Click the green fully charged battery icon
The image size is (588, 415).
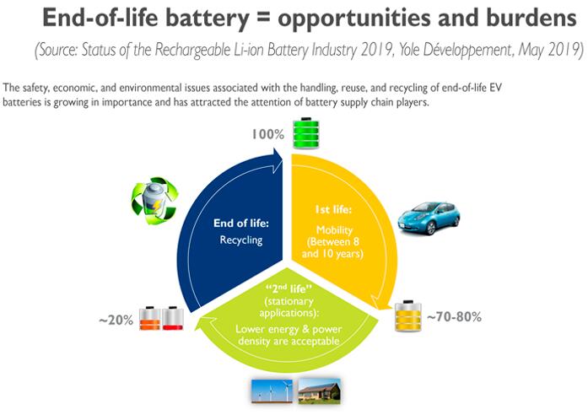click(306, 133)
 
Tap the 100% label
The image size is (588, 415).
click(267, 134)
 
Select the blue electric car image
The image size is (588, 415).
click(429, 218)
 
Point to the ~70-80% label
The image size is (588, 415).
click(454, 317)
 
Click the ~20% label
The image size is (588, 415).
click(116, 321)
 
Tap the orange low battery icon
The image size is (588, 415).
click(149, 318)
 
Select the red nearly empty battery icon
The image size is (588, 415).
click(173, 318)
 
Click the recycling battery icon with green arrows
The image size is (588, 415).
click(154, 201)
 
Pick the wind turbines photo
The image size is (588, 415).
click(272, 391)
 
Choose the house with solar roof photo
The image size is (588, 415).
click(319, 391)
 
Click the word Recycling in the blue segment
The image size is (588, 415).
click(241, 240)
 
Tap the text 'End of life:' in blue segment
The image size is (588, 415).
click(241, 223)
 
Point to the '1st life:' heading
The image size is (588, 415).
click(333, 209)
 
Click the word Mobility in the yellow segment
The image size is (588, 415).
click(334, 229)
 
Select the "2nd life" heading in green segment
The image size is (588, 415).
click(289, 288)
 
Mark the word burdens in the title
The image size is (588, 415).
click(531, 18)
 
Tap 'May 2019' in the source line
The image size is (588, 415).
click(551, 50)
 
